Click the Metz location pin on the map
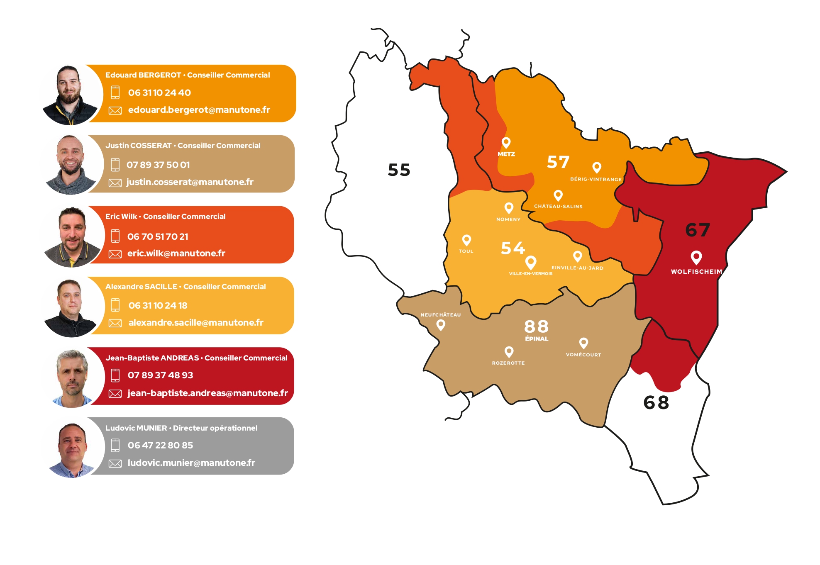tap(506, 143)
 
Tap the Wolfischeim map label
tap(696, 272)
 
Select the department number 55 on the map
tap(399, 170)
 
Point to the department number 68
tap(656, 402)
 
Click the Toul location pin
tap(466, 240)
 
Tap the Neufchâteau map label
tap(441, 315)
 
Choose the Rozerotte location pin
tap(509, 352)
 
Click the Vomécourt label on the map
tap(583, 355)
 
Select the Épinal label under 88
tap(537, 339)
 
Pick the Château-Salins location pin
tap(558, 195)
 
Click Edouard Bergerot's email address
tap(199, 110)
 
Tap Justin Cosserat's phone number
tap(158, 165)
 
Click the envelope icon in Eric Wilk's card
tap(115, 254)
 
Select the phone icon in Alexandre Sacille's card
tap(115, 305)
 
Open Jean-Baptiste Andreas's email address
tap(207, 393)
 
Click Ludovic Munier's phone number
tap(160, 445)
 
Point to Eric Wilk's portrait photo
tap(72, 236)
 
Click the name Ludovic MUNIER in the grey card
tap(136, 428)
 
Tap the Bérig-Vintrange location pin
tap(597, 167)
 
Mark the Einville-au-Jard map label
tap(577, 268)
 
